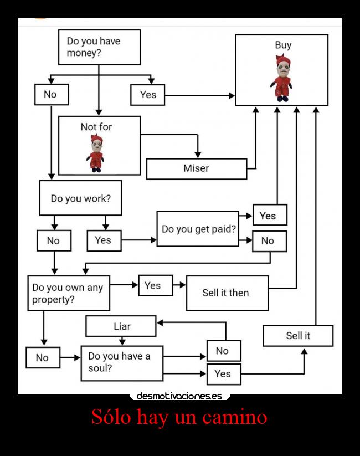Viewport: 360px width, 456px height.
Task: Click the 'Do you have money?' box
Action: [99, 47]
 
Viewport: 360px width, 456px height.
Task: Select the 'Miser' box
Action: [196, 168]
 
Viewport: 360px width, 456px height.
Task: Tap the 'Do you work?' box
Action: [80, 198]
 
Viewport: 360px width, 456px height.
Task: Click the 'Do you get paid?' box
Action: [198, 228]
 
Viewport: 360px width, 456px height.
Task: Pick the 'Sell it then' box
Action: [227, 293]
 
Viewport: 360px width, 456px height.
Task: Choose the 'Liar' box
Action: [121, 326]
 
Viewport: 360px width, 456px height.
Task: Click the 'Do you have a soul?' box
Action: [122, 363]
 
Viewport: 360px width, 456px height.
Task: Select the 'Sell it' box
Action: [298, 336]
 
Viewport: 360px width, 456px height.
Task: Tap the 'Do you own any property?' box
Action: [69, 294]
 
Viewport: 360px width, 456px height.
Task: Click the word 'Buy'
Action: [282, 45]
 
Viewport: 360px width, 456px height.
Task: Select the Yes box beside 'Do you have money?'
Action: [148, 95]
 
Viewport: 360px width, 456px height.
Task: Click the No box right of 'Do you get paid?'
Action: [269, 241]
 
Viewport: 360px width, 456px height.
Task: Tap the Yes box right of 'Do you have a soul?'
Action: [223, 374]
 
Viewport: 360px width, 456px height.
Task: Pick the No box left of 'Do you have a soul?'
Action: [43, 358]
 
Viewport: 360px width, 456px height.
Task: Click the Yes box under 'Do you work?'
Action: [104, 240]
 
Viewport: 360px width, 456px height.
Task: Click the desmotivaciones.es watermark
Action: [179, 396]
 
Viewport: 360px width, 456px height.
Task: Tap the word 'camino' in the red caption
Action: [235, 417]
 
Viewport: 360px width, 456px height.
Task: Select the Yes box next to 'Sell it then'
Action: [155, 285]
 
